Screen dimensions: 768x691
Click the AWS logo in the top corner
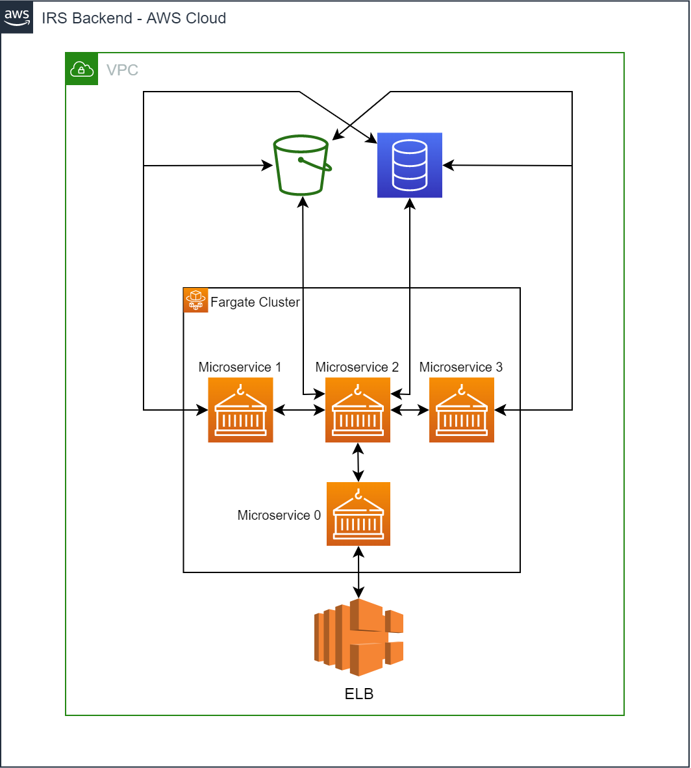(17, 18)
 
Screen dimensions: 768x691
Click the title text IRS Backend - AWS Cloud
(134, 18)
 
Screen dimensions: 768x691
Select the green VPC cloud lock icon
(81, 69)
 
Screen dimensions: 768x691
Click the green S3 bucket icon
(302, 165)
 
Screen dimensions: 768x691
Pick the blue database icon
(410, 165)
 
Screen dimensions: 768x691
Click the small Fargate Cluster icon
(195, 300)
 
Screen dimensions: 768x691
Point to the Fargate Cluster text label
(255, 302)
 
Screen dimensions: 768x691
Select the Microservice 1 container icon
(240, 410)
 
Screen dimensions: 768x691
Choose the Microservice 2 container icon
(358, 410)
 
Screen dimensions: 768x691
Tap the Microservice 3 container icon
(462, 410)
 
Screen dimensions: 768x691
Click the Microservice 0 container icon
(358, 514)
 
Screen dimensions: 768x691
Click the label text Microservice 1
(240, 367)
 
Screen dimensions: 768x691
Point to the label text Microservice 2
(357, 367)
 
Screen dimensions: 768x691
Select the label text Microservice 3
(461, 367)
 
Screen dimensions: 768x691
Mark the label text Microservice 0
(279, 515)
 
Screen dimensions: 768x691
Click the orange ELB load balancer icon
(358, 637)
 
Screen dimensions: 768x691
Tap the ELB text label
(359, 694)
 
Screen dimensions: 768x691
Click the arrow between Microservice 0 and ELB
(358, 572)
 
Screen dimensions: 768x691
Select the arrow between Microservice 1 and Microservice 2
(299, 410)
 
